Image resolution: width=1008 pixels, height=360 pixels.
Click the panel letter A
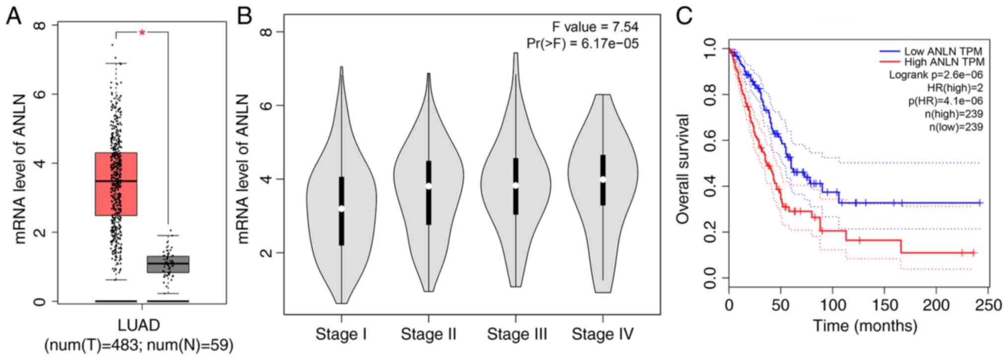13,16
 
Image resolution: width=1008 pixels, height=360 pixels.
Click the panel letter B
245,16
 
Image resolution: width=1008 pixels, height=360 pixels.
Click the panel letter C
684,16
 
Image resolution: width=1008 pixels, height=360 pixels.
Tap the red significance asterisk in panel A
142,33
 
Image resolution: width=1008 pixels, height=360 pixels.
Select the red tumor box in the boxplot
116,184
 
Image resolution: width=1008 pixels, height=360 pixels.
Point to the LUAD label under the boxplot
139,325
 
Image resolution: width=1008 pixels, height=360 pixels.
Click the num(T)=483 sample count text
92,345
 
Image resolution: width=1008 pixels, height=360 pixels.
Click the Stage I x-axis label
341,334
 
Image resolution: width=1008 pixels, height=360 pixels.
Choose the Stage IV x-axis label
603,334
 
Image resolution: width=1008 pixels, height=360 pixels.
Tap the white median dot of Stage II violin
429,186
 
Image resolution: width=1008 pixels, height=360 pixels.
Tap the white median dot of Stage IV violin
603,180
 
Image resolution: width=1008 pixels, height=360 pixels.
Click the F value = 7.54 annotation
595,27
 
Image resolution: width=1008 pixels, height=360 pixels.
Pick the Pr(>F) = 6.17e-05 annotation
582,44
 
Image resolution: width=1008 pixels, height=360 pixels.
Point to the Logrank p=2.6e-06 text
936,75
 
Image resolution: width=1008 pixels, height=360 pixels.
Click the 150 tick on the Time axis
884,304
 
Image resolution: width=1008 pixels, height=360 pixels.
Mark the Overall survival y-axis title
683,169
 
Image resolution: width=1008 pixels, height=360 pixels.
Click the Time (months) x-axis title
865,326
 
